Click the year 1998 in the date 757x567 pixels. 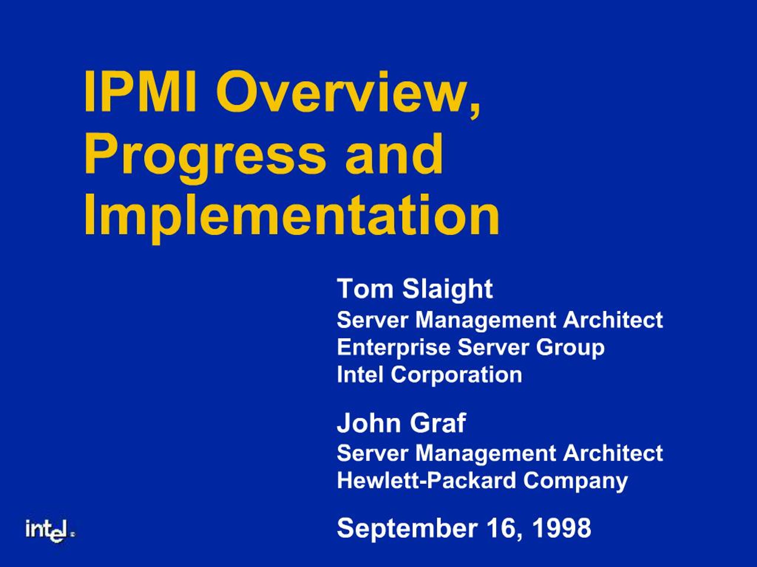(x=561, y=528)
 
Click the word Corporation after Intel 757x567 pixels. (x=457, y=374)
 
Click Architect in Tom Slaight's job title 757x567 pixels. (x=613, y=320)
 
